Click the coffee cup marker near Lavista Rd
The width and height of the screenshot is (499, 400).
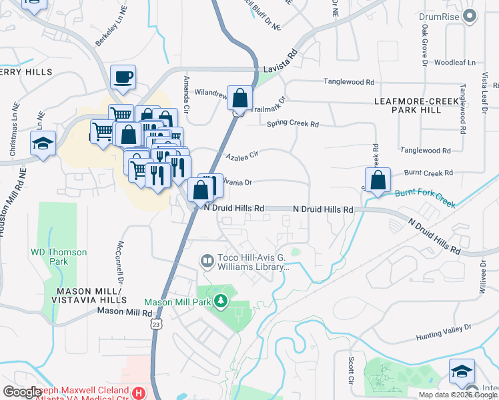pyautogui.click(x=123, y=77)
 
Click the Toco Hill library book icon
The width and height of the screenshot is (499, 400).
pyautogui.click(x=207, y=261)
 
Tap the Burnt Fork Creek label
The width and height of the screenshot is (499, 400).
pyautogui.click(x=424, y=197)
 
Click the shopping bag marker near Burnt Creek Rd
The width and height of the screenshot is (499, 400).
pyautogui.click(x=378, y=180)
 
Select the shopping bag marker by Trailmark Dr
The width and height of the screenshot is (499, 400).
pyautogui.click(x=239, y=99)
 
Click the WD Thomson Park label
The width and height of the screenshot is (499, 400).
pyautogui.click(x=59, y=257)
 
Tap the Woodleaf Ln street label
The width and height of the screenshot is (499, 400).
pyautogui.click(x=455, y=63)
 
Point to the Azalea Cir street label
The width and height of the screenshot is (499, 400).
pyautogui.click(x=241, y=157)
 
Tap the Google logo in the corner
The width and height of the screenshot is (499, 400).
pyautogui.click(x=23, y=392)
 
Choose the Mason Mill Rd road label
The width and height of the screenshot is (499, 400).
pyautogui.click(x=125, y=311)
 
